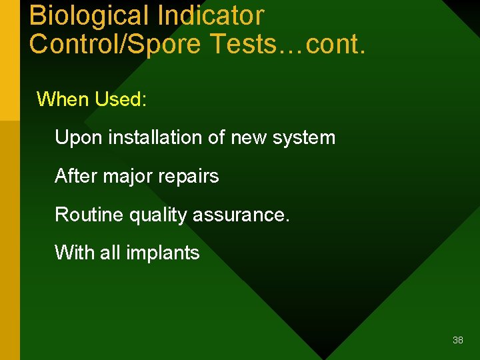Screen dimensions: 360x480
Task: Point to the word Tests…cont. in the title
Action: click(287, 43)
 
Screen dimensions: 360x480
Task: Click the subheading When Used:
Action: click(91, 99)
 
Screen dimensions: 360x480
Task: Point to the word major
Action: click(131, 176)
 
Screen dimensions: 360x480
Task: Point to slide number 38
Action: click(457, 340)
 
